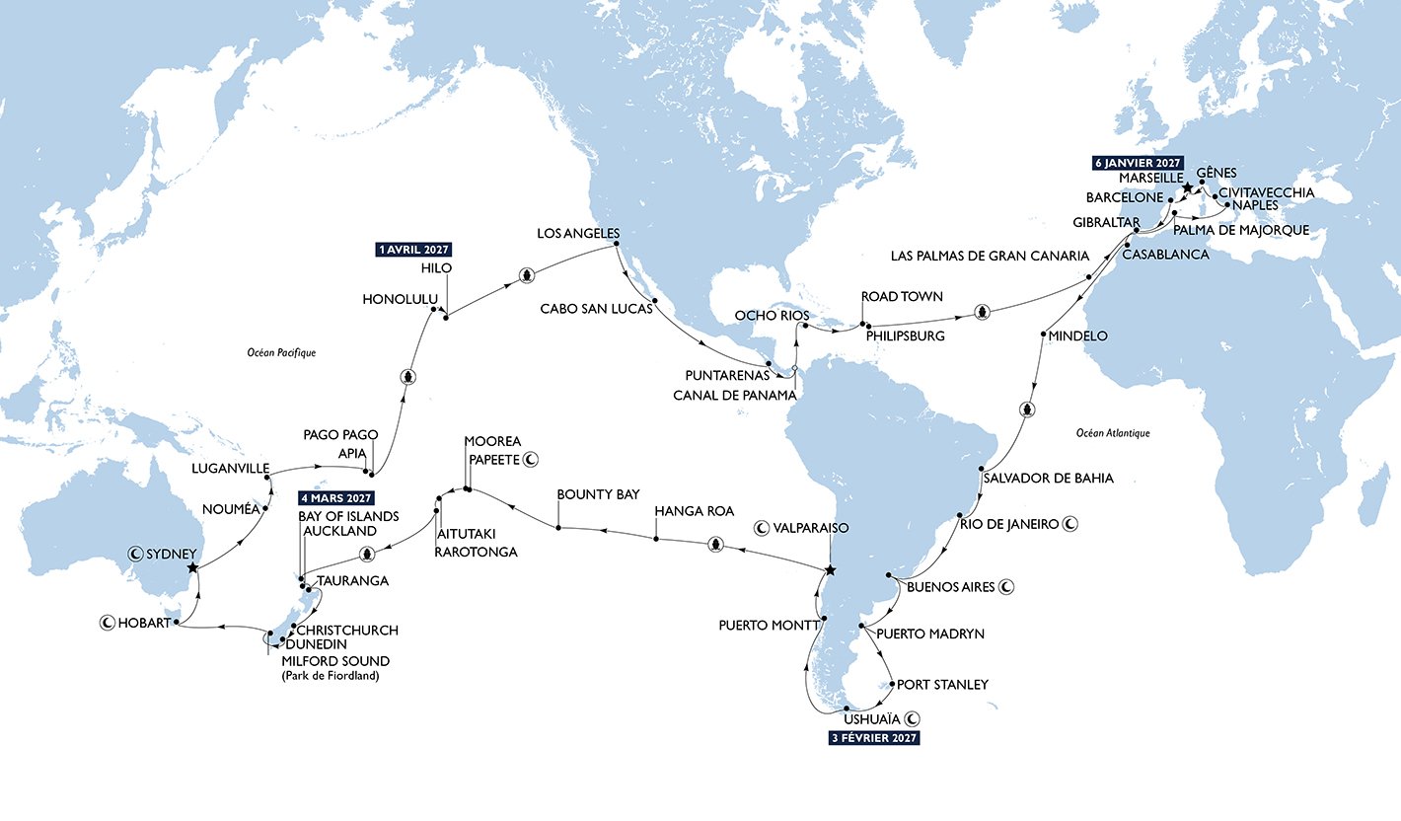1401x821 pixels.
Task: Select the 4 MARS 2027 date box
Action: pos(336,497)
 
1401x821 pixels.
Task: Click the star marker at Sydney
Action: pos(193,567)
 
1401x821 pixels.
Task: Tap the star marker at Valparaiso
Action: pos(830,570)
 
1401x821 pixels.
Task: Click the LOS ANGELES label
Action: pos(576,234)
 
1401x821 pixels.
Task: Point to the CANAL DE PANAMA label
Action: pos(728,395)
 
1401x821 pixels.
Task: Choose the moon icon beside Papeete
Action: pos(530,459)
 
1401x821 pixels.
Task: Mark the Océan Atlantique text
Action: pos(1114,432)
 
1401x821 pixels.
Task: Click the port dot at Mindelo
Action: pos(1043,336)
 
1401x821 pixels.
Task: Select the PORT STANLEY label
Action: pos(943,684)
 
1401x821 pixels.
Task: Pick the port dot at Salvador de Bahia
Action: pos(983,469)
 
